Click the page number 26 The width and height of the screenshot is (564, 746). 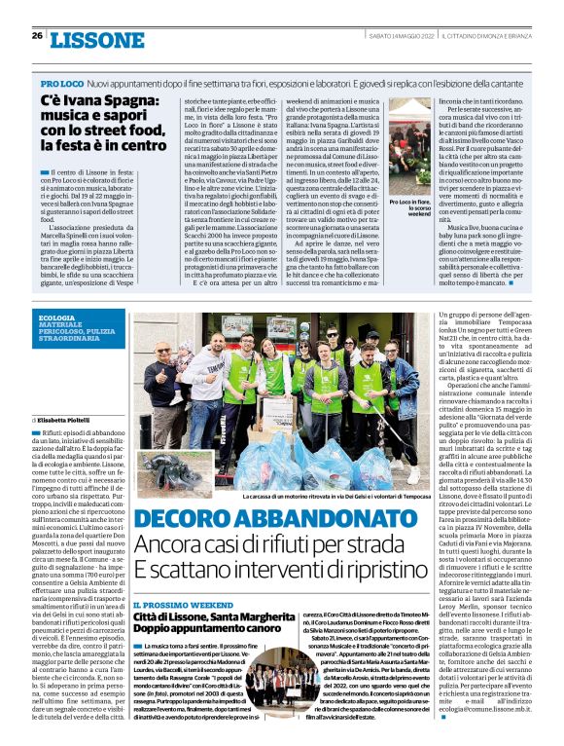(x=36, y=35)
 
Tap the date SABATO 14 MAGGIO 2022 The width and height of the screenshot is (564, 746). (x=402, y=35)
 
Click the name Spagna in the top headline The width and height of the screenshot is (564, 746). (x=108, y=101)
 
